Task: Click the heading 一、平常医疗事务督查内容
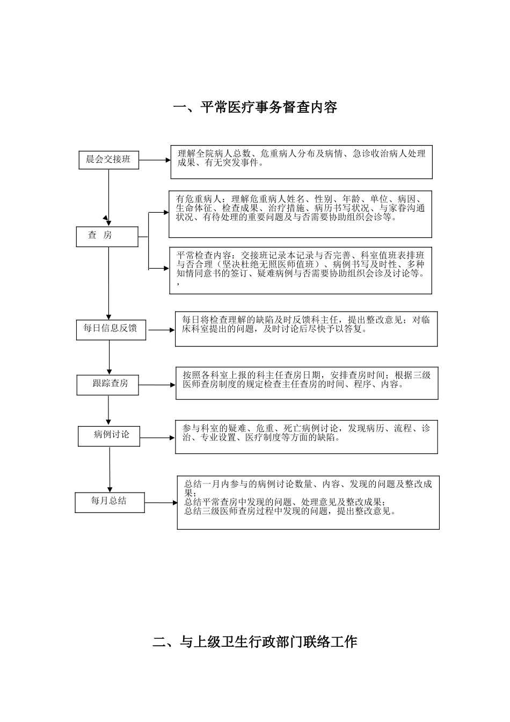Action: pyautogui.click(x=255, y=107)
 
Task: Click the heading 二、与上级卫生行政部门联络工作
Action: pyautogui.click(x=255, y=641)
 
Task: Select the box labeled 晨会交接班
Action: pyautogui.click(x=108, y=160)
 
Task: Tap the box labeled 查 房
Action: pyautogui.click(x=107, y=236)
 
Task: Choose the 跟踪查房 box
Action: pyautogui.click(x=111, y=384)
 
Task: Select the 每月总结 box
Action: pyautogui.click(x=110, y=502)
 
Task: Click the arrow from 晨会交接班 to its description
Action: pyautogui.click(x=155, y=160)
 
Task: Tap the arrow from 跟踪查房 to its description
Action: pyautogui.click(x=157, y=385)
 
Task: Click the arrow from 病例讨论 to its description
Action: pyautogui.click(x=157, y=438)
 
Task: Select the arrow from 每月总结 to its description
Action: pyautogui.click(x=161, y=503)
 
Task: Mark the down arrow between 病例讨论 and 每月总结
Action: pyautogui.click(x=110, y=468)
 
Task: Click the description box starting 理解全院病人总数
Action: pyautogui.click(x=302, y=162)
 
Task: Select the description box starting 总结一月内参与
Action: pyautogui.click(x=308, y=503)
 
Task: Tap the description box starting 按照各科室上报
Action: pyautogui.click(x=307, y=383)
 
